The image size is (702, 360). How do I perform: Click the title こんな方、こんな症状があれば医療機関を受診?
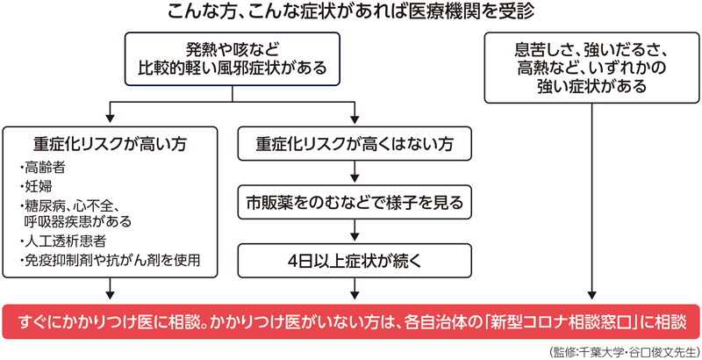tap(350, 12)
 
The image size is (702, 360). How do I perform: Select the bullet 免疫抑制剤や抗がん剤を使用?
tap(110, 259)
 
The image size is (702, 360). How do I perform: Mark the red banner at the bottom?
tap(351, 321)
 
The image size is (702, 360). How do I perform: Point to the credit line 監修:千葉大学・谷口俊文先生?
tap(621, 351)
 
